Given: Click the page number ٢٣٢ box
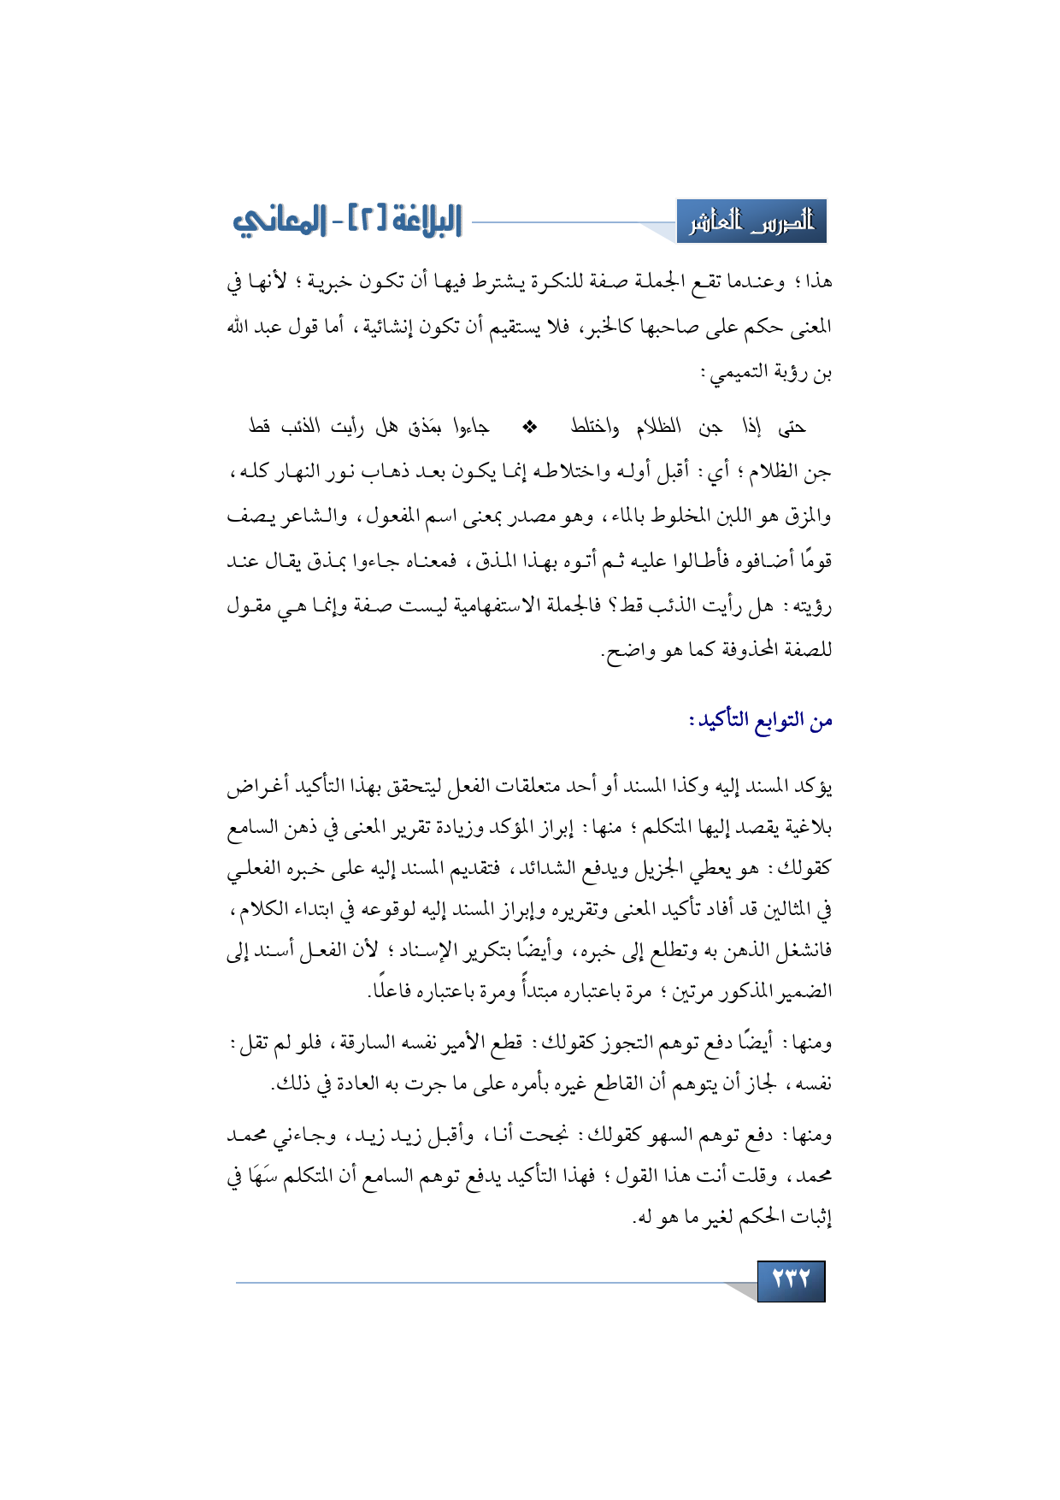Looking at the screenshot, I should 791,1280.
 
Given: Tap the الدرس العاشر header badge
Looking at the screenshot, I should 751,222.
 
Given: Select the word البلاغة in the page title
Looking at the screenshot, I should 419,221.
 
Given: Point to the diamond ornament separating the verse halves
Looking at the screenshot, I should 529,426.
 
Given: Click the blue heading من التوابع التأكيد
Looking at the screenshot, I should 761,720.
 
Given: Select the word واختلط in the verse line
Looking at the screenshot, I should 595,426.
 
